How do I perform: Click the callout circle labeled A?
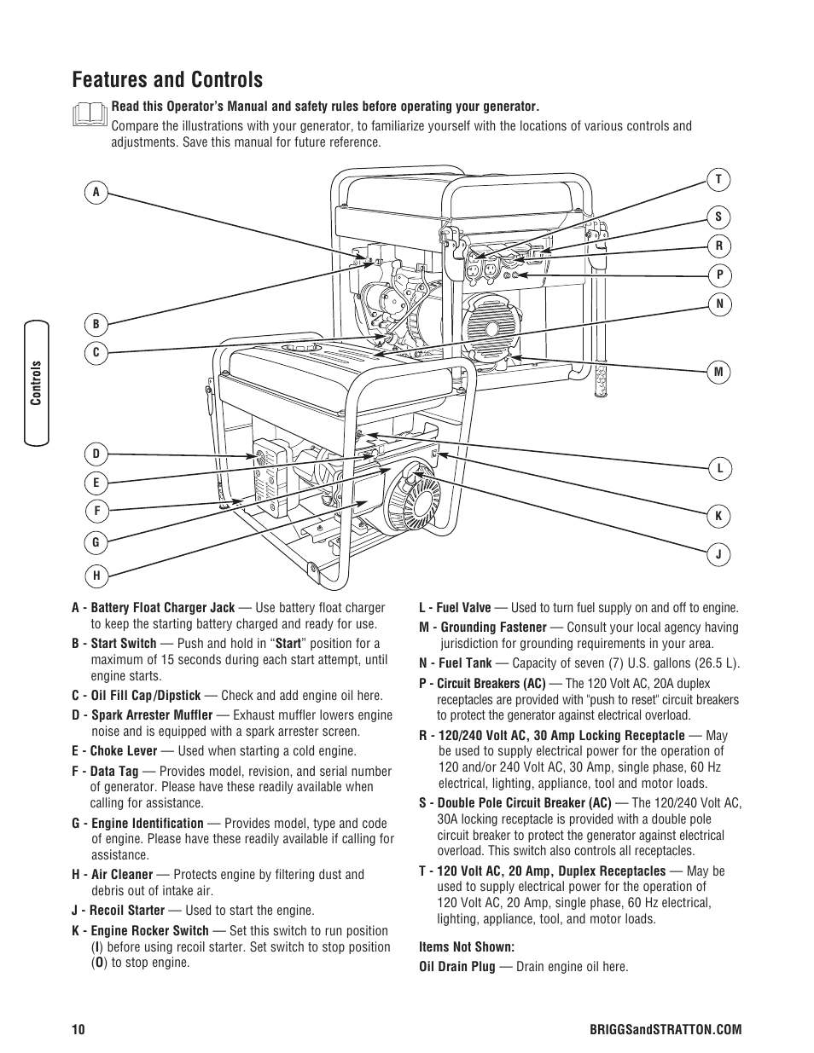[96, 193]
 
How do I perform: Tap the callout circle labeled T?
[718, 179]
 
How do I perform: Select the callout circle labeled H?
[96, 576]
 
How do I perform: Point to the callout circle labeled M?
[718, 372]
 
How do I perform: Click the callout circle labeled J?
[718, 554]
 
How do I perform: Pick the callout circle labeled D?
[96, 454]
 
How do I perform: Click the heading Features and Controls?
[167, 80]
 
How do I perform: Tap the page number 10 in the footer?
[78, 1030]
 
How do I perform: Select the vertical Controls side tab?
[37, 383]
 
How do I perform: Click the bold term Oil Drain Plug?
[456, 967]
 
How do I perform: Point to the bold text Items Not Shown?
[466, 946]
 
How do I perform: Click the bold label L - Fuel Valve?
[455, 608]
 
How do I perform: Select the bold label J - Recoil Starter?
[118, 911]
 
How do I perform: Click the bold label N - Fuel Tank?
[455, 663]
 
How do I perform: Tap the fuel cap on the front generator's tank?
[302, 348]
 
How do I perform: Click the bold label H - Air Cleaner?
[113, 875]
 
